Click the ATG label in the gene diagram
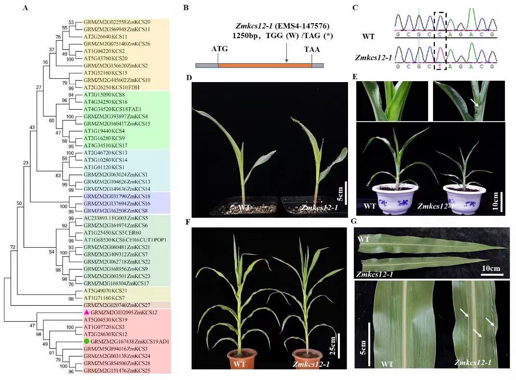click(x=219, y=49)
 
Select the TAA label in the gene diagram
click(x=312, y=49)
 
